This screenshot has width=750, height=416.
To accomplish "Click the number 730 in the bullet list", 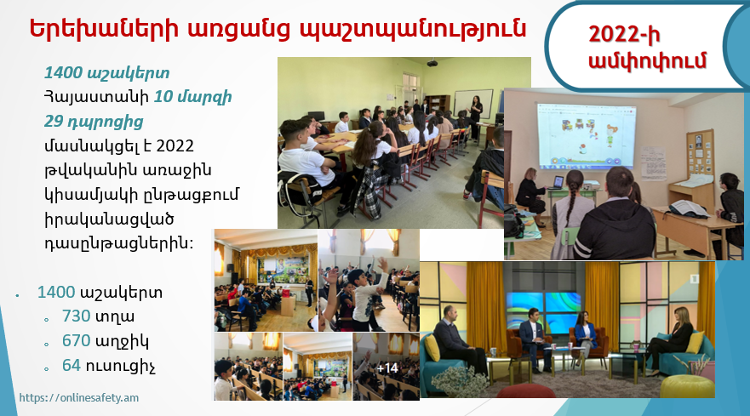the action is (76, 316).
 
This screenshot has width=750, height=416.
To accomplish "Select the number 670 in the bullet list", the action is (76, 340).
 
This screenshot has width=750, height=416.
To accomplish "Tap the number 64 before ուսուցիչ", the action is (72, 365).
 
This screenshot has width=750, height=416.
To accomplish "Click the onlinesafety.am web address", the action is (79, 397).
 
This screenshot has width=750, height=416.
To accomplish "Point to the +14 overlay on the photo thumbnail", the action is (387, 368).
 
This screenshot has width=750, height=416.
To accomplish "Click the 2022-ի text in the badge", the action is (624, 34).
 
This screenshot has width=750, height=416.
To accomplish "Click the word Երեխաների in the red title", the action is (104, 28).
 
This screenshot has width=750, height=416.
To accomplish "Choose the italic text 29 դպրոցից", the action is (94, 122).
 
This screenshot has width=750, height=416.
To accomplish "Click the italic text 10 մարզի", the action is (192, 97).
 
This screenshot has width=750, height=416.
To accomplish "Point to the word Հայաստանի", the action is (96, 97).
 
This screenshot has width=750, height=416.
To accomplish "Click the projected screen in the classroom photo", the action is (587, 135).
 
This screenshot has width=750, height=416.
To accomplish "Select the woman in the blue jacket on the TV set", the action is (586, 338).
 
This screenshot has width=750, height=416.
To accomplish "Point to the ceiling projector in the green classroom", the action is (432, 63).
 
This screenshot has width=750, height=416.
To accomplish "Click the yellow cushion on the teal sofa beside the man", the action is (432, 348).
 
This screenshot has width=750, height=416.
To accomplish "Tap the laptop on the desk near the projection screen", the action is (558, 182).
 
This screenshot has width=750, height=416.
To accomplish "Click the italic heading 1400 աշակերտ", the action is (106, 72).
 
